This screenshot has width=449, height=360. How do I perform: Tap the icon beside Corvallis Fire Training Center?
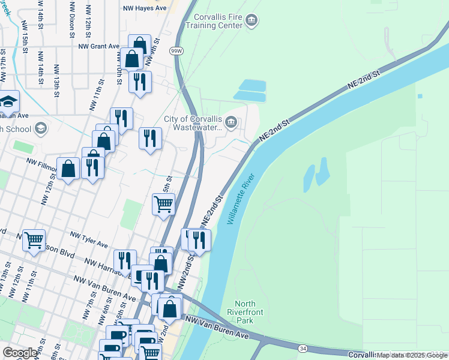pyautogui.click(x=252, y=21)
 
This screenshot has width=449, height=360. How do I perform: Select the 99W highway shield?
pyautogui.click(x=176, y=51)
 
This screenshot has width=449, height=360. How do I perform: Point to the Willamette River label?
pyautogui.click(x=241, y=199)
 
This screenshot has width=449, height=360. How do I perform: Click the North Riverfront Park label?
pyautogui.click(x=245, y=312)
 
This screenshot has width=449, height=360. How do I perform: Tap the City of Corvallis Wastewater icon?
pyautogui.click(x=231, y=123)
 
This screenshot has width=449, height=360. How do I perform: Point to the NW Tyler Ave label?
pyautogui.click(x=89, y=240)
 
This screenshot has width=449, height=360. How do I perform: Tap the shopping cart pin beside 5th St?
pyautogui.click(x=163, y=205)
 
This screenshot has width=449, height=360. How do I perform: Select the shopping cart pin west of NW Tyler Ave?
pyautogui.click(x=34, y=240)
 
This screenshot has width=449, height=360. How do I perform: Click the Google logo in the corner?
pyautogui.click(x=20, y=353)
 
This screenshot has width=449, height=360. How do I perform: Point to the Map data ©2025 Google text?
pyautogui.click(x=412, y=355)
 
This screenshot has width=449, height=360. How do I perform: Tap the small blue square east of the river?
pyautogui.click(x=420, y=96)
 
